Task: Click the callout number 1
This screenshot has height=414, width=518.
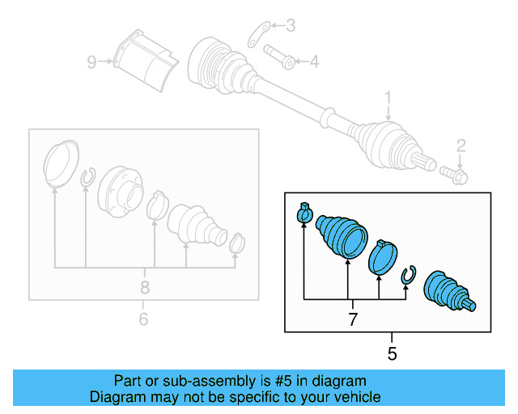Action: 388,99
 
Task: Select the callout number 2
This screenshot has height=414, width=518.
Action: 461,146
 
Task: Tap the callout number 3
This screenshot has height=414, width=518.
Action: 291,27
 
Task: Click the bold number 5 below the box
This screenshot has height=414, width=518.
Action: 392,353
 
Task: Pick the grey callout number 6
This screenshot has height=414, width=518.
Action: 143,319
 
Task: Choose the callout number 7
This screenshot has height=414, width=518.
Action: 353,320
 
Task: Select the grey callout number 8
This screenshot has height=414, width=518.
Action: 145,287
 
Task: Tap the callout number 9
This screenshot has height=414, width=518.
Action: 92,61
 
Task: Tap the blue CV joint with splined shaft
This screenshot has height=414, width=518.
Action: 450,290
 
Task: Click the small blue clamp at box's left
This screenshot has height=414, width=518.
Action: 304,213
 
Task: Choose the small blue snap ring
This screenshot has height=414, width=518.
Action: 409,276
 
